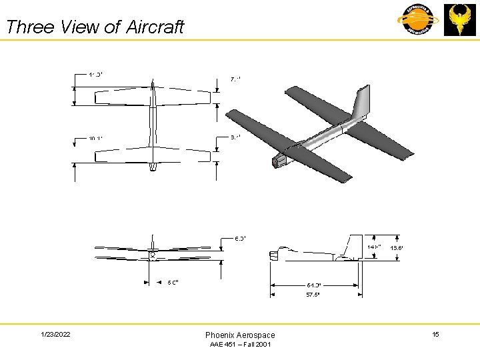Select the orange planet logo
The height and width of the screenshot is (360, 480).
click(x=415, y=19)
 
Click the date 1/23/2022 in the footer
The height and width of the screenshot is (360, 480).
click(x=55, y=334)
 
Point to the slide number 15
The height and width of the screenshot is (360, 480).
click(x=435, y=334)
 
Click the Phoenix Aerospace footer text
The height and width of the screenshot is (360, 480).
click(x=240, y=335)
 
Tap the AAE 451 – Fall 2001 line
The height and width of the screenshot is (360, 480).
click(x=240, y=345)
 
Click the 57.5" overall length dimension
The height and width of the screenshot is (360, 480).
click(x=313, y=295)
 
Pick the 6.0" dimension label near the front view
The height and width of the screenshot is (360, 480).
click(x=240, y=238)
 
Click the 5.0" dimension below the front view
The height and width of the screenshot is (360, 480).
click(x=172, y=283)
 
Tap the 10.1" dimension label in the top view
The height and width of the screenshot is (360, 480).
click(x=96, y=139)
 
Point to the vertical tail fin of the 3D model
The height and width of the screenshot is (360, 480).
click(x=360, y=103)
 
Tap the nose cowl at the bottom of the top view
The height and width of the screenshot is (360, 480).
click(x=153, y=167)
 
